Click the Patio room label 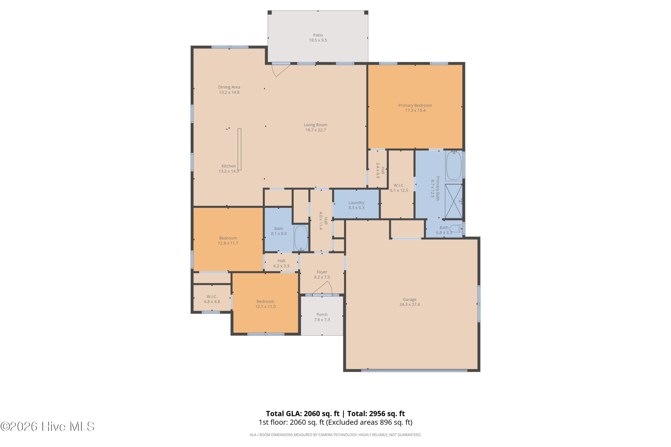coord(318,35)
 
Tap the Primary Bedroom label coord(415,105)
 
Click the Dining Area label coord(229,87)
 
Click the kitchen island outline coord(239,149)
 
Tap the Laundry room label coord(356,203)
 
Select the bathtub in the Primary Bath coord(454,165)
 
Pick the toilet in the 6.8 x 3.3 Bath coord(456,228)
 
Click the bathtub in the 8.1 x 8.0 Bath coord(301,238)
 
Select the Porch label coord(322,315)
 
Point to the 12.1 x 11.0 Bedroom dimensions coord(265,307)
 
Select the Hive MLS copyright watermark coord(47,427)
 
